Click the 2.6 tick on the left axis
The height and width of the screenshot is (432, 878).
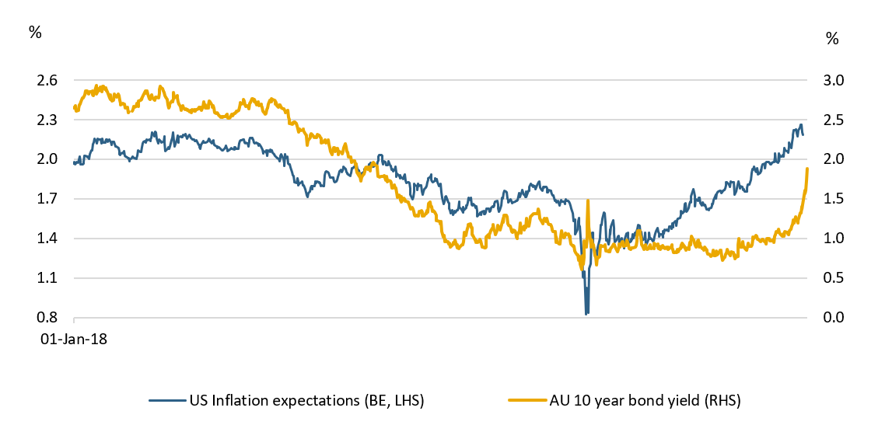coord(47,81)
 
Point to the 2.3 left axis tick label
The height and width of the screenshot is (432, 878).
coord(47,120)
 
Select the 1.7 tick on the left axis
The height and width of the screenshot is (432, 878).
coord(47,200)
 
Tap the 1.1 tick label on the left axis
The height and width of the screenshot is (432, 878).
coord(47,278)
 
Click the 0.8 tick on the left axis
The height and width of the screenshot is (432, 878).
coord(47,318)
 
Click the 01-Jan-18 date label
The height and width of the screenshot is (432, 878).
coord(74,340)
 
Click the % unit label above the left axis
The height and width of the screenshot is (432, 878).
coord(34,32)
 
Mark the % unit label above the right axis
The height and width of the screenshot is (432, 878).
coord(832,39)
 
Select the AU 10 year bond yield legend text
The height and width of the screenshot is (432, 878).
coord(626,400)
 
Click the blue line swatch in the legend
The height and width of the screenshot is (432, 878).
coord(167,400)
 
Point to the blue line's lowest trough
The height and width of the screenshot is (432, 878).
coord(586,313)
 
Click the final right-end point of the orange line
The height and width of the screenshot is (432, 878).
coord(807,169)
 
